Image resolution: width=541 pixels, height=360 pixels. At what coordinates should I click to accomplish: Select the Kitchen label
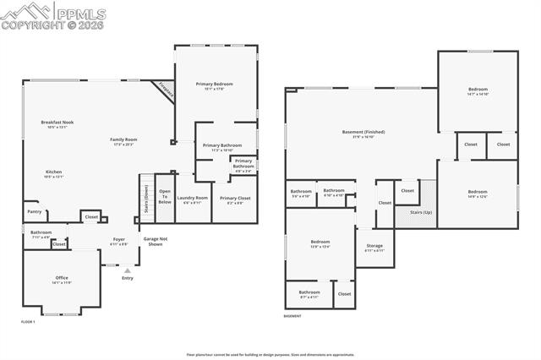[x=53, y=174]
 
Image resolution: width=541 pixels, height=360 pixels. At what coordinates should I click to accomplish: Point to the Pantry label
[x=34, y=211]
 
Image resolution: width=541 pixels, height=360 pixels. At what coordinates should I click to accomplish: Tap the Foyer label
[x=119, y=242]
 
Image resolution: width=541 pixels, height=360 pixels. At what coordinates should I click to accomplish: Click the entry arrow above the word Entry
[x=127, y=270]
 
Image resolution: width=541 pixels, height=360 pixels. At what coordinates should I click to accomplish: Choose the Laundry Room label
[x=192, y=200]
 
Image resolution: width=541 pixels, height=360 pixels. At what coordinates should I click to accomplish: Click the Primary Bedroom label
[x=214, y=85]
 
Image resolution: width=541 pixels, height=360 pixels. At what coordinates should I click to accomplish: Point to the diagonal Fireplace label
[x=164, y=91]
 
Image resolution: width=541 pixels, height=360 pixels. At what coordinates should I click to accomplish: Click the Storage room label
[x=374, y=248]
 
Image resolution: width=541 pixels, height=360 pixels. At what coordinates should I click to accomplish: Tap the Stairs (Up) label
[x=420, y=213]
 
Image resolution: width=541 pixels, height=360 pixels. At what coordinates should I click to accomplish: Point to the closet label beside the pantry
[x=90, y=217]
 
